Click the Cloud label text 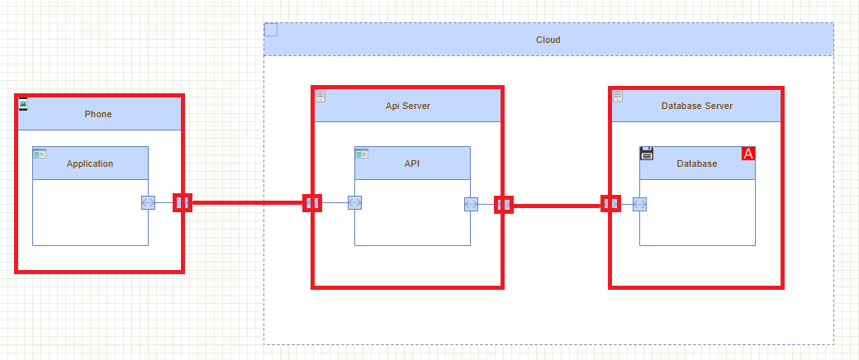[548, 40]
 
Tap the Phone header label [97, 114]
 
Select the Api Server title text [407, 106]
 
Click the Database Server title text [696, 106]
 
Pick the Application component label [90, 163]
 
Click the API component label [412, 163]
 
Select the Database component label [696, 163]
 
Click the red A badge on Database [748, 154]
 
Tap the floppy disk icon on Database [647, 154]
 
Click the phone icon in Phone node [23, 103]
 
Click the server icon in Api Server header [320, 96]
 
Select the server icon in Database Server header [618, 96]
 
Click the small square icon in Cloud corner [271, 30]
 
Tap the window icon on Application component [40, 154]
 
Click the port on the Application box [148, 202]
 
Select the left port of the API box [355, 202]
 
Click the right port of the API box [471, 204]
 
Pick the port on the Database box [639, 204]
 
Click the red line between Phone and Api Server [248, 202]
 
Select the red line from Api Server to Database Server [558, 205]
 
